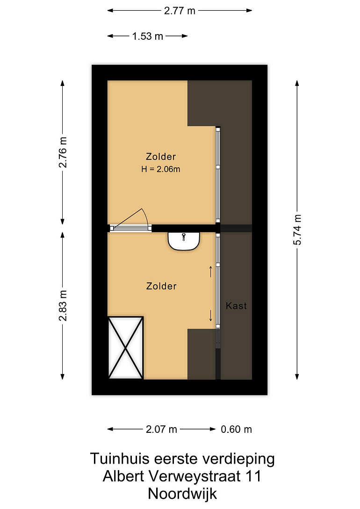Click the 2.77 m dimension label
coord(180,11)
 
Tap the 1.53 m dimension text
coord(147,36)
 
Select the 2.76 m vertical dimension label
coord(63,152)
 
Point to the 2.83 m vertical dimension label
coord(63,306)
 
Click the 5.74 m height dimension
coord(297,229)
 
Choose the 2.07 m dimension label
coord(161,429)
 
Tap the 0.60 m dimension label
coord(236,429)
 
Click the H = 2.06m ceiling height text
coord(161,169)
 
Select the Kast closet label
coord(236,306)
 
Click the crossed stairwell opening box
coord(126,348)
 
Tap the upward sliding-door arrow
coord(211,272)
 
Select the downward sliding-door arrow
coord(211,315)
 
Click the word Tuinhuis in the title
coord(120,459)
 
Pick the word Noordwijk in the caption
coord(182,494)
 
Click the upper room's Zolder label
coord(161,157)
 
